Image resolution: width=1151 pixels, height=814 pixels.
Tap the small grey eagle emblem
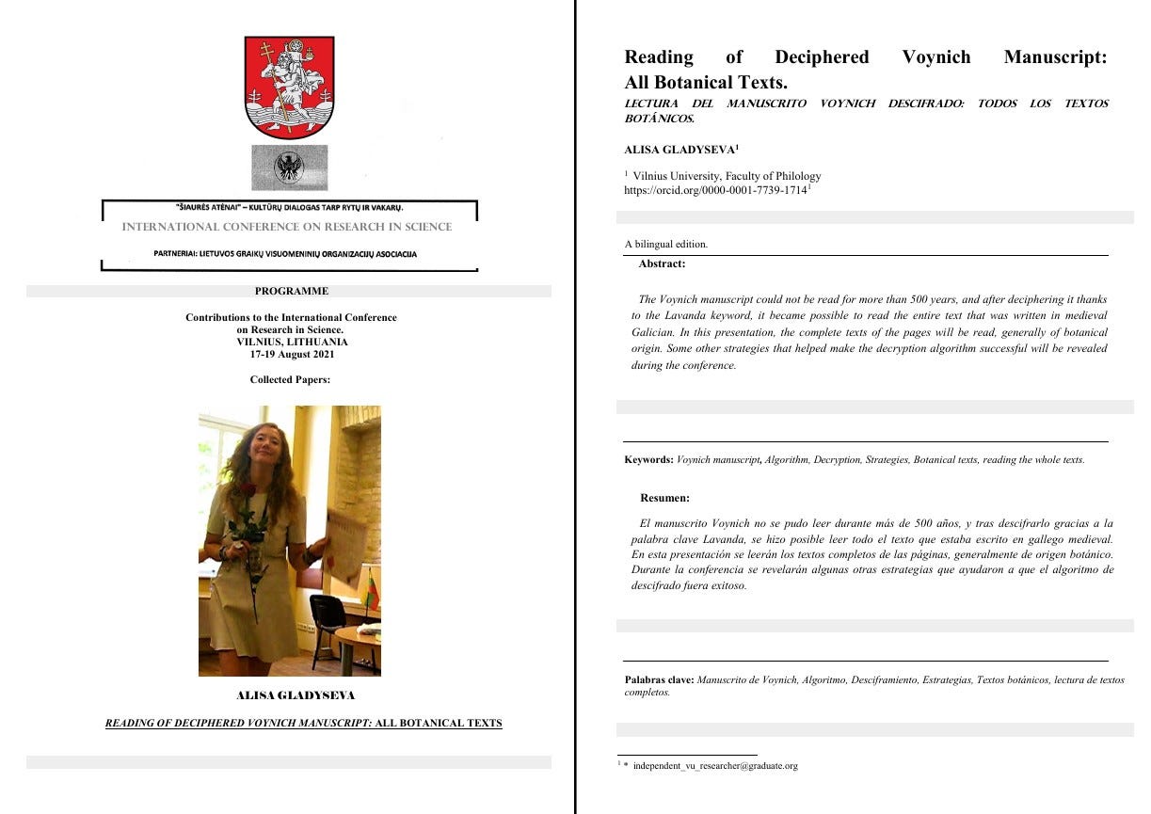pos(289,168)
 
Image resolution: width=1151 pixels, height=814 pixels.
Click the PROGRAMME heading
pos(292,291)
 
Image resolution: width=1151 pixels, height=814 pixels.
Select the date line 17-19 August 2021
pos(292,355)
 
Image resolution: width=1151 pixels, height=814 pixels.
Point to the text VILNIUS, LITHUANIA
pos(292,343)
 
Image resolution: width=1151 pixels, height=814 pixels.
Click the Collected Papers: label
pos(291,380)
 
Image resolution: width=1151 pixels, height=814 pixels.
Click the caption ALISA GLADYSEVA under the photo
pos(296,695)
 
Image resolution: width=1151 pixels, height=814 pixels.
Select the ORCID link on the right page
pos(715,190)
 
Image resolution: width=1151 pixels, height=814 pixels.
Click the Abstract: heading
pos(662,264)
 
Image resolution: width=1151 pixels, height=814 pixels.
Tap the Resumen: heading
pos(664,498)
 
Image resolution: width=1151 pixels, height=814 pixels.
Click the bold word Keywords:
pos(648,460)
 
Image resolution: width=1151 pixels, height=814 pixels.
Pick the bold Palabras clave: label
pos(659,679)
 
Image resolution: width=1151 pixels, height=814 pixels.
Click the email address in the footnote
pos(715,766)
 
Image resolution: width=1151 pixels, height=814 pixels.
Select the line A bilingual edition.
pos(666,245)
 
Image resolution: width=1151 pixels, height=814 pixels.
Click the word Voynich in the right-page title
pos(935,57)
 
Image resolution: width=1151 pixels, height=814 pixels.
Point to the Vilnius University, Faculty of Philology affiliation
pos(727,176)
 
